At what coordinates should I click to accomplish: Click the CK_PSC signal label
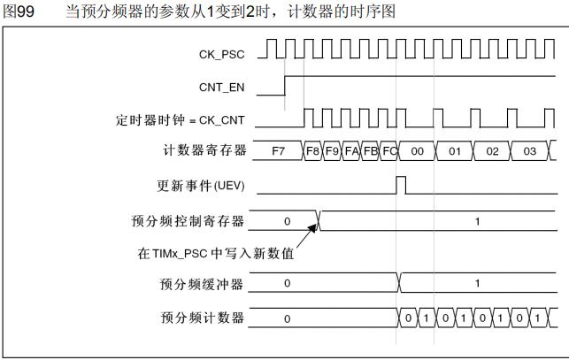[x=221, y=55]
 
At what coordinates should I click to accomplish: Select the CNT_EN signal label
[x=222, y=87]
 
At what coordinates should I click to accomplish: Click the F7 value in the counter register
[x=279, y=151]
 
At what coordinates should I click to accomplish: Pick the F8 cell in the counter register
[x=312, y=151]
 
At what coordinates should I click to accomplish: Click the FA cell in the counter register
[x=351, y=151]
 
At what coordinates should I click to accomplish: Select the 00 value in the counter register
[x=418, y=151]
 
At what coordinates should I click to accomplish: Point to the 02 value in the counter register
[x=492, y=151]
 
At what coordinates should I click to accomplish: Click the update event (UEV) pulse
[x=401, y=185]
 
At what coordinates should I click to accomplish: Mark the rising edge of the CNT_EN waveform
[x=285, y=86]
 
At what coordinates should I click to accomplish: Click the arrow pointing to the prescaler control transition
[x=308, y=234]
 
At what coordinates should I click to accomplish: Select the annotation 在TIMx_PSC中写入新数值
[x=215, y=255]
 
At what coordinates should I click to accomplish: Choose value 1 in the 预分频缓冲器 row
[x=477, y=284]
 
